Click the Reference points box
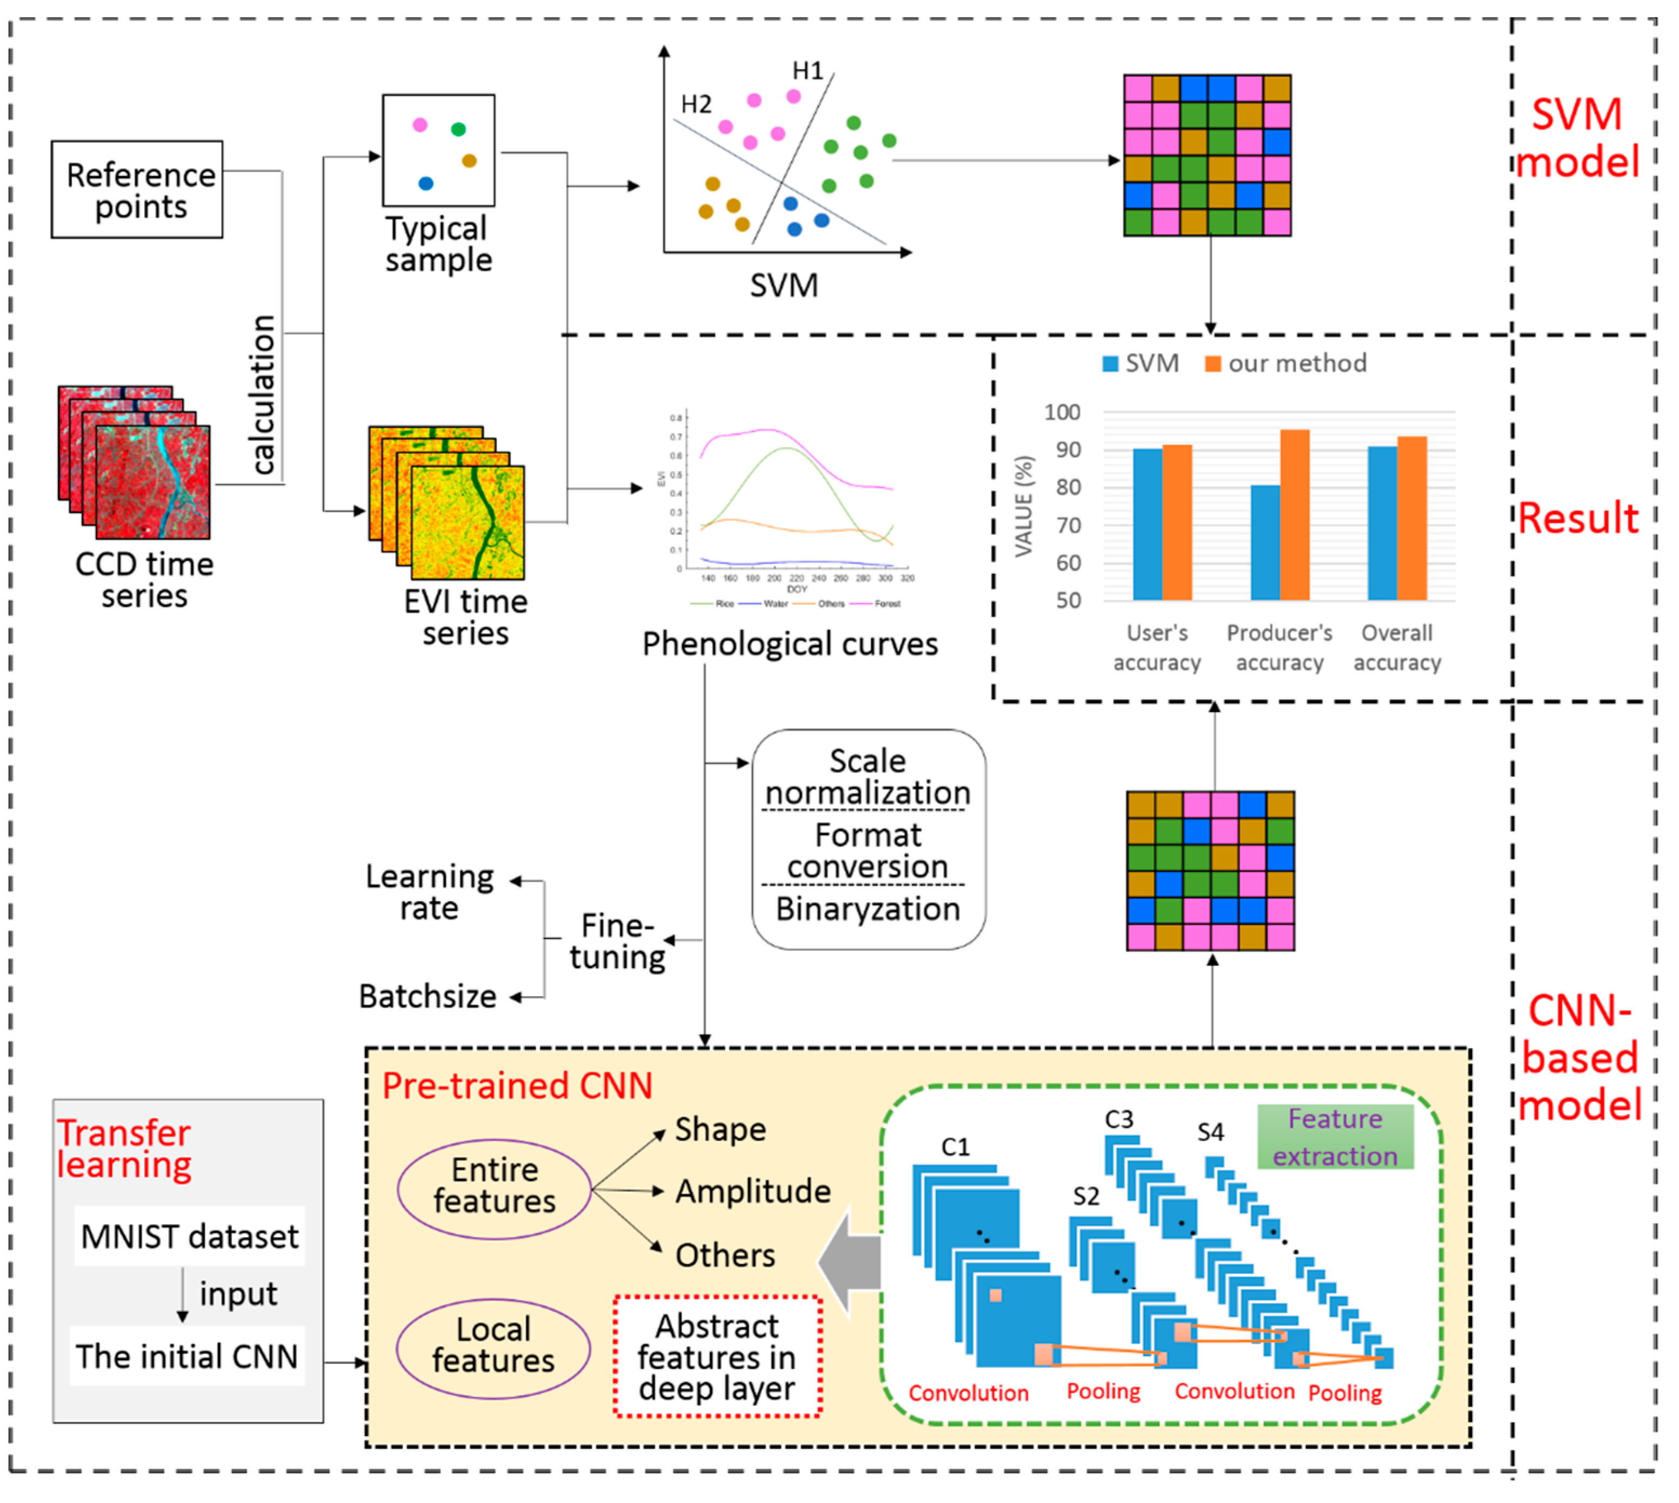tap(137, 189)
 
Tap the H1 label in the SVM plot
tap(807, 71)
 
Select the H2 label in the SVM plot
tap(696, 105)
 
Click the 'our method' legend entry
tap(1285, 364)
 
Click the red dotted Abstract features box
tap(717, 1357)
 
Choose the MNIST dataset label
tap(189, 1236)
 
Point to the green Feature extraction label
tap(1335, 1137)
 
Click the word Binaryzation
tap(868, 909)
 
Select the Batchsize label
tap(427, 997)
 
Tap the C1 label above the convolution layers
tap(955, 1147)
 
